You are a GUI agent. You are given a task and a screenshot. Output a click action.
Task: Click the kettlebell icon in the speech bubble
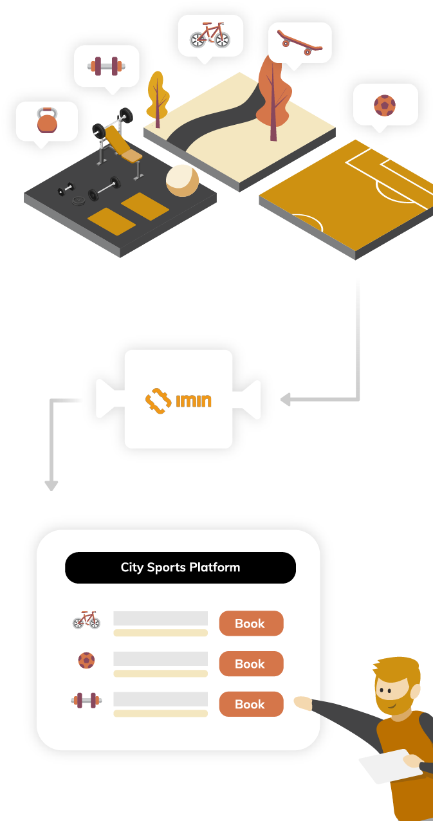pyautogui.click(x=47, y=120)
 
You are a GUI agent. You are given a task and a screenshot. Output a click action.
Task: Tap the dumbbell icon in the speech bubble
pyautogui.click(x=106, y=66)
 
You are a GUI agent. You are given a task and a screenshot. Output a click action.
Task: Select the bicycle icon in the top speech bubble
pyautogui.click(x=210, y=35)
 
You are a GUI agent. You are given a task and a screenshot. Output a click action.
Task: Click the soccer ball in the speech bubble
pyautogui.click(x=385, y=105)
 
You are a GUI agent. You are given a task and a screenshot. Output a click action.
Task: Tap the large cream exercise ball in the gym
pyautogui.click(x=182, y=180)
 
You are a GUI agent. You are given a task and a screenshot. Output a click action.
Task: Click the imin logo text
pyautogui.click(x=193, y=401)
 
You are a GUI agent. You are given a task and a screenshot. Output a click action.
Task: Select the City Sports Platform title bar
pyautogui.click(x=180, y=567)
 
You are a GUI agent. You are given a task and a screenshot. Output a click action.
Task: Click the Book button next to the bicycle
pyautogui.click(x=251, y=623)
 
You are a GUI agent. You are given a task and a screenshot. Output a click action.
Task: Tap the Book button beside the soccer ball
pyautogui.click(x=251, y=664)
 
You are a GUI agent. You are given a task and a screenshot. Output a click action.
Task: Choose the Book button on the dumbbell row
pyautogui.click(x=251, y=705)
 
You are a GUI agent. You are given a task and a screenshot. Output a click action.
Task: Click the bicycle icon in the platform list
pyautogui.click(x=86, y=620)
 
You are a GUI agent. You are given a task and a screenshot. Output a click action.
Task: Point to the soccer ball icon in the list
pyautogui.click(x=86, y=660)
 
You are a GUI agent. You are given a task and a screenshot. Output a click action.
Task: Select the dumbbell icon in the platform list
pyautogui.click(x=86, y=700)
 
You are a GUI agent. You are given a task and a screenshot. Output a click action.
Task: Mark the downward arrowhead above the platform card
pyautogui.click(x=51, y=485)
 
